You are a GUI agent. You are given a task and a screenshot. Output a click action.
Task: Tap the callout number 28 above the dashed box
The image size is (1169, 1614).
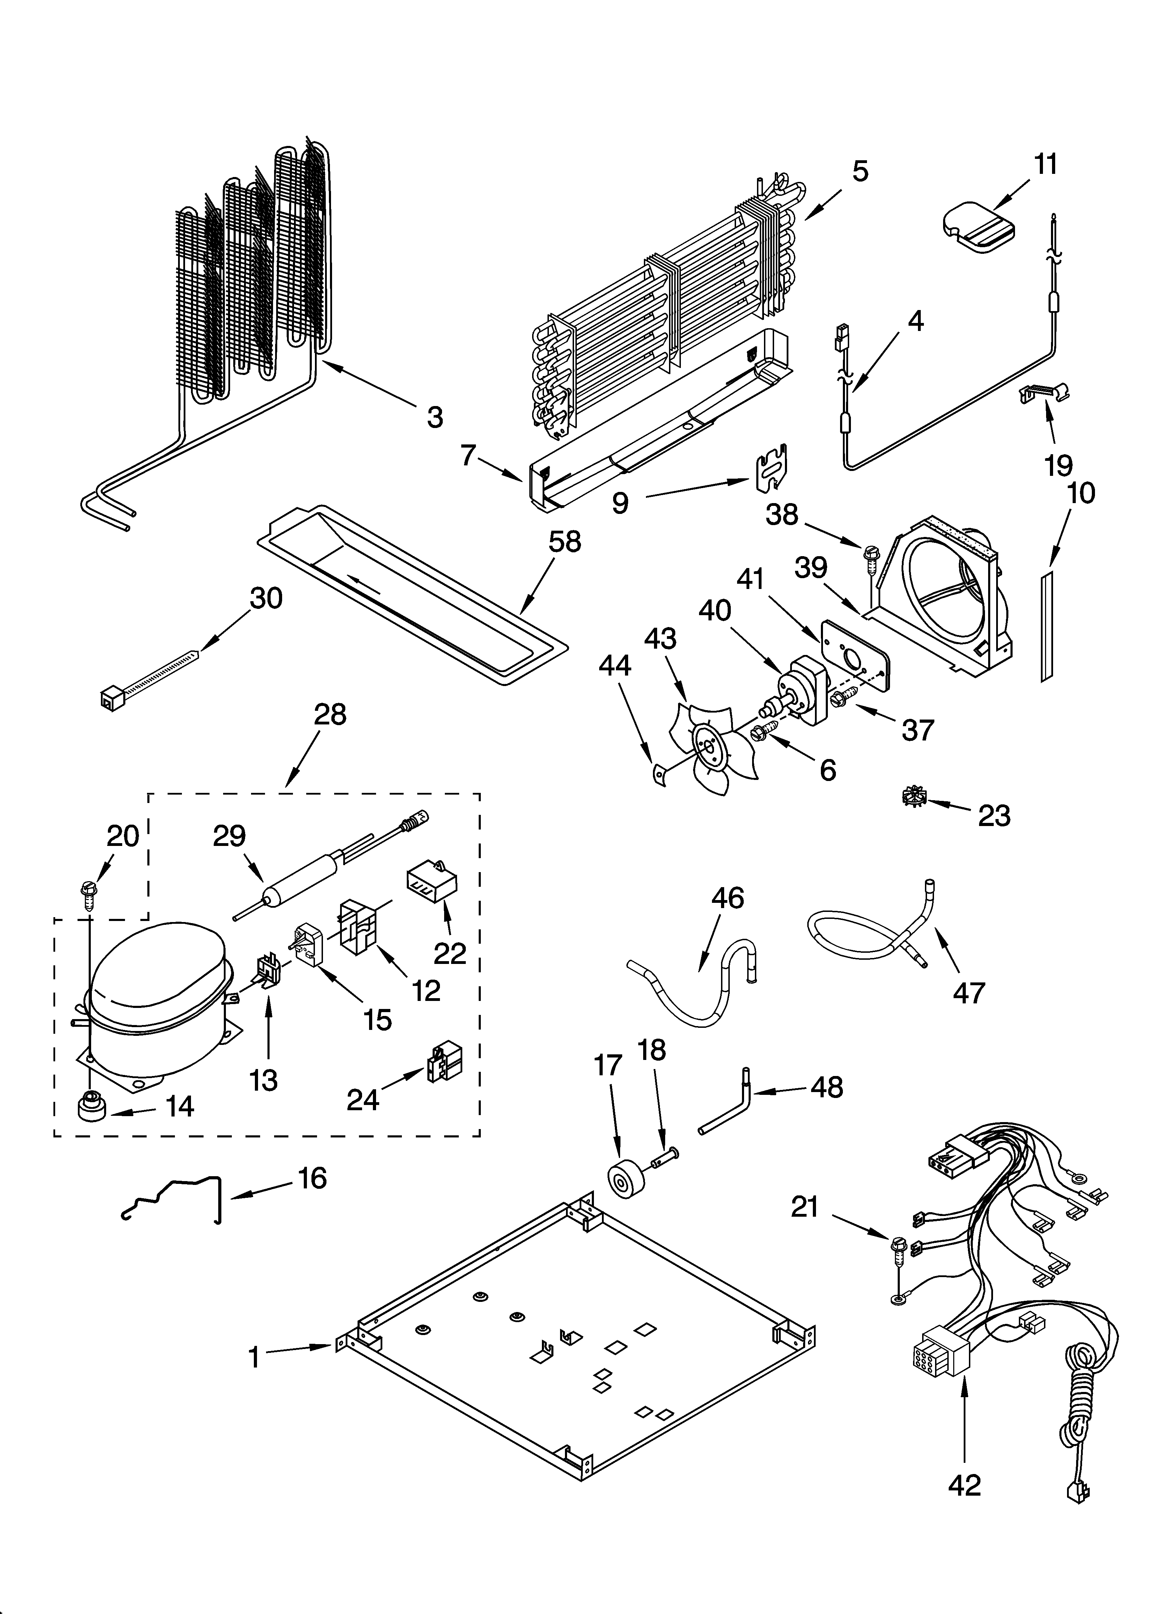tap(330, 715)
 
